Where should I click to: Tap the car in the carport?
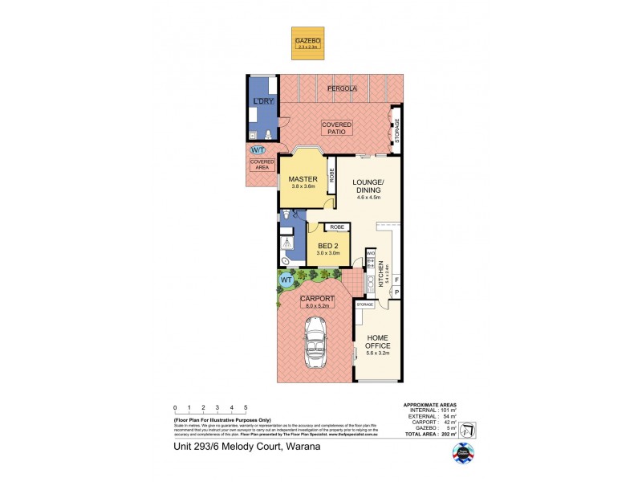tap(315, 342)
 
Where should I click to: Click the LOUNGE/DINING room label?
tap(369, 187)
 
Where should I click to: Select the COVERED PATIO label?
tap(336, 128)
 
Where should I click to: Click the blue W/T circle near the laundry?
tap(258, 150)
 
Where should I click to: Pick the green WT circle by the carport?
tap(286, 280)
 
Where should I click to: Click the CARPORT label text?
tap(317, 300)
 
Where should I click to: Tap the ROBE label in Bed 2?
tap(337, 227)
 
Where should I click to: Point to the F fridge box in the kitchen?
tap(396, 279)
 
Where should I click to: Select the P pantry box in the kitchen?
tap(396, 292)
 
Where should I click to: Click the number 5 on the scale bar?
tap(246, 408)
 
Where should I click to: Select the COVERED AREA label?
tap(261, 165)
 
